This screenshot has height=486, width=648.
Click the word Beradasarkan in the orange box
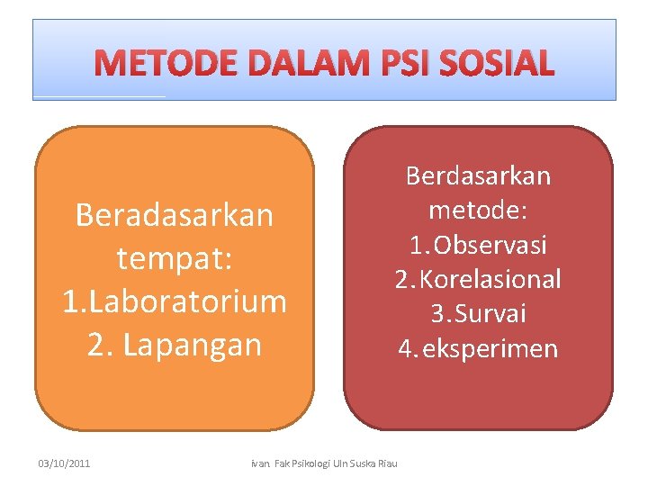tap(175, 216)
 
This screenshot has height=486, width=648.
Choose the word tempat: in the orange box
tap(175, 259)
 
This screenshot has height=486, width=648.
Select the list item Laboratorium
tap(186, 301)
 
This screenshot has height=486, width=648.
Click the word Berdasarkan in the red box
tap(478, 175)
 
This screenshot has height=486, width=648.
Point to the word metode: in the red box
tap(478, 210)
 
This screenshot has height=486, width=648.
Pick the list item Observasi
tap(490, 245)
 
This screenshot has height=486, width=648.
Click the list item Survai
tap(490, 314)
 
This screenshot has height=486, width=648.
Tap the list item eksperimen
tap(490, 349)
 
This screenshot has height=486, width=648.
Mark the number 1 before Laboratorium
tap(70, 301)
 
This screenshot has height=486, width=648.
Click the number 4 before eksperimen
tap(405, 349)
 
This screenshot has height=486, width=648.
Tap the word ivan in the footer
tap(257, 463)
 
